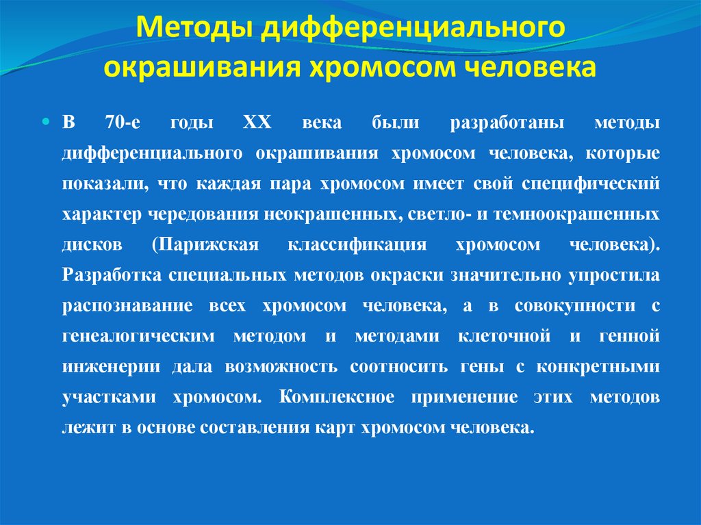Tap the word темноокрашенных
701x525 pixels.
point(578,214)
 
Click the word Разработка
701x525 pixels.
point(107,274)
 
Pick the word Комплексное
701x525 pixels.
point(336,397)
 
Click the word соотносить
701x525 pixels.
point(399,366)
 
